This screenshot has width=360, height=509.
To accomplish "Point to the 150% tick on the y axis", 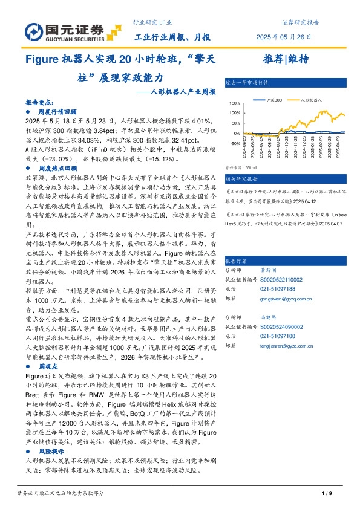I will point(234,104).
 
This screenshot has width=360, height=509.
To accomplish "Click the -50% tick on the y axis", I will point(234,143).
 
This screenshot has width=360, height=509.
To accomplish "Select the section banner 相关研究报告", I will point(242,179).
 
